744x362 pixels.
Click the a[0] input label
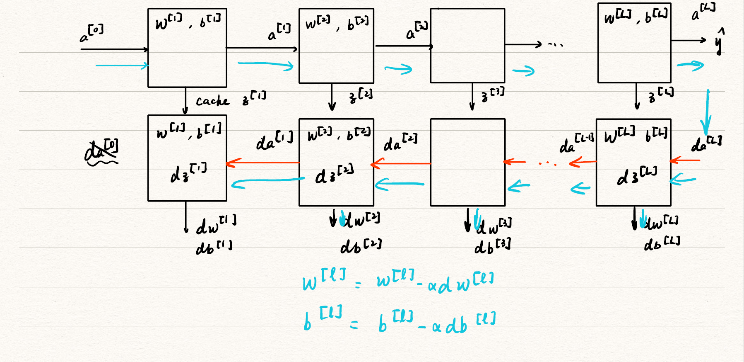click(91, 34)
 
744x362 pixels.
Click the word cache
click(212, 101)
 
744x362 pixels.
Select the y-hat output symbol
click(720, 42)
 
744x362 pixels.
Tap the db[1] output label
click(214, 247)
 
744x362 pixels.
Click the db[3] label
click(492, 245)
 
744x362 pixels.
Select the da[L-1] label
click(576, 143)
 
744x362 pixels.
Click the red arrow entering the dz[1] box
click(262, 163)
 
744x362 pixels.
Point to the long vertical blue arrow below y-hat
click(707, 112)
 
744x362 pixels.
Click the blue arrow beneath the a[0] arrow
click(122, 66)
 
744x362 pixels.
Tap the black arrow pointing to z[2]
click(332, 97)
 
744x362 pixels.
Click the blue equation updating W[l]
click(398, 281)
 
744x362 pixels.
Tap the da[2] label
click(400, 142)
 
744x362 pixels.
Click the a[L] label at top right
click(703, 12)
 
